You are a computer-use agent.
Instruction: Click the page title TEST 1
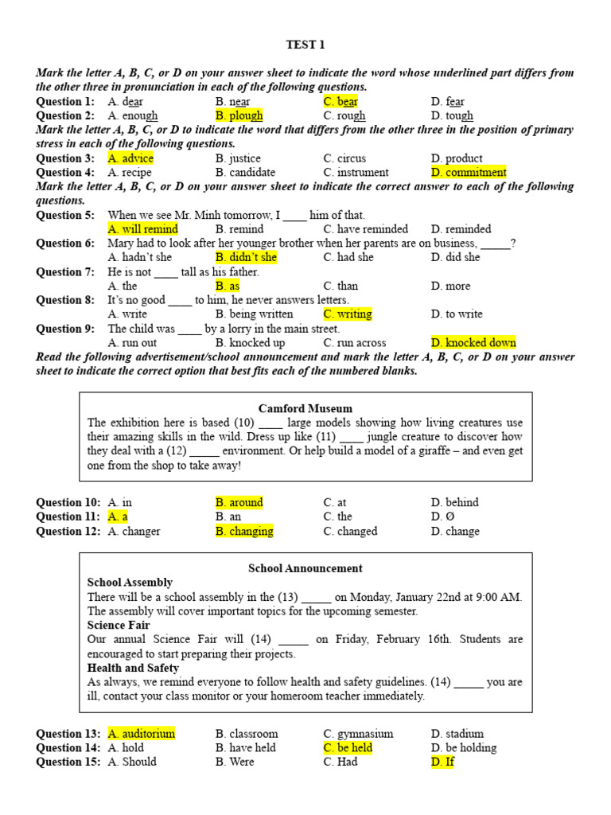point(305,45)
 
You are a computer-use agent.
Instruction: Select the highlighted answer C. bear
point(341,102)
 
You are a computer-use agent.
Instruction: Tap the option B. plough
point(239,115)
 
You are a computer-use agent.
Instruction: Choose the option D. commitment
point(469,172)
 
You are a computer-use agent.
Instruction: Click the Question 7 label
point(65,271)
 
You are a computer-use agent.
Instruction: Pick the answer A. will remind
point(143,229)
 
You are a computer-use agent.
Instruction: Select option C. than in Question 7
point(341,286)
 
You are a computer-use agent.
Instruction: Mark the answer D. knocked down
point(473,343)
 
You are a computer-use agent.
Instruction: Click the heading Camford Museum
point(305,408)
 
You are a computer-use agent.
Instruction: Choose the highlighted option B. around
point(239,502)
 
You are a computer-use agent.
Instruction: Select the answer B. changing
point(244,531)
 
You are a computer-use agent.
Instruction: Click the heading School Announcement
point(305,568)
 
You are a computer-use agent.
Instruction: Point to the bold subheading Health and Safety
point(133,668)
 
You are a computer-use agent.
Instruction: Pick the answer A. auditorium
point(142,734)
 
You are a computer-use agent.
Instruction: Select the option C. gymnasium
point(358,734)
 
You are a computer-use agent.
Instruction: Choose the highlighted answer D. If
point(442,762)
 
